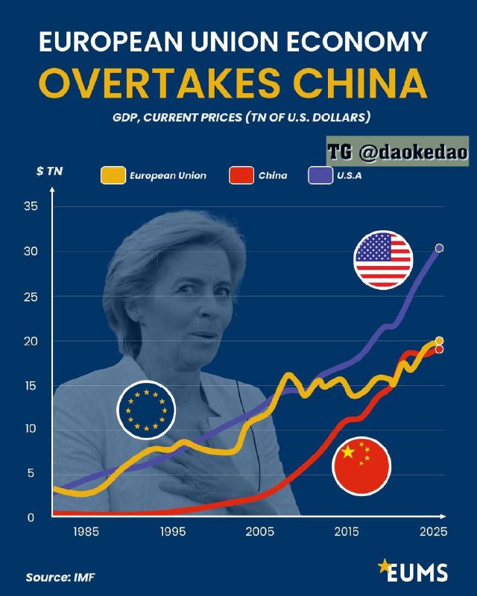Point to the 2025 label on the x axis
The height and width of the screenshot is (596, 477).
coord(432,533)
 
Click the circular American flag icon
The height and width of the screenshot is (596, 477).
coord(383,259)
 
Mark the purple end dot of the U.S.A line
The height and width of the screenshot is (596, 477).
coord(440,248)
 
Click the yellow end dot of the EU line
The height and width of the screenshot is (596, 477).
coord(440,341)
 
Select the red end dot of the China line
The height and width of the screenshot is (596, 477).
coord(440,349)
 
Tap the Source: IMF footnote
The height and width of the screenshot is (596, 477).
coord(60,577)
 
